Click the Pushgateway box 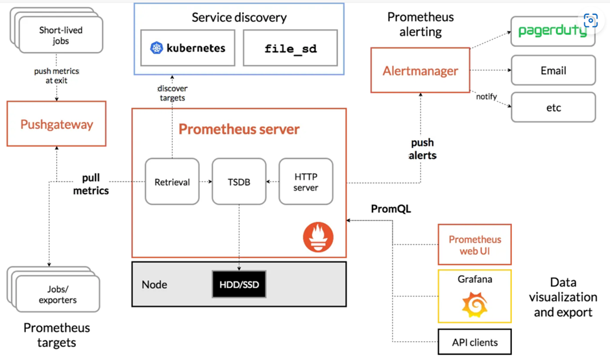(56, 124)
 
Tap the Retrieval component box (172, 182)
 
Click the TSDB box (239, 182)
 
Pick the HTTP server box (306, 182)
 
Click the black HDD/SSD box (239, 284)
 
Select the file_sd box (290, 48)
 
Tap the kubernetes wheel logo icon (156, 48)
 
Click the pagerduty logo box (553, 30)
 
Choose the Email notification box (553, 71)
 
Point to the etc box (553, 107)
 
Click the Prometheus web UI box (474, 245)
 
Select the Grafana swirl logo (474, 305)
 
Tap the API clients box (474, 341)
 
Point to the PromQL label (391, 209)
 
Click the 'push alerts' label (422, 149)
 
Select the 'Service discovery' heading (239, 18)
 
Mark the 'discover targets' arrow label (171, 93)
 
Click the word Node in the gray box (154, 284)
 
